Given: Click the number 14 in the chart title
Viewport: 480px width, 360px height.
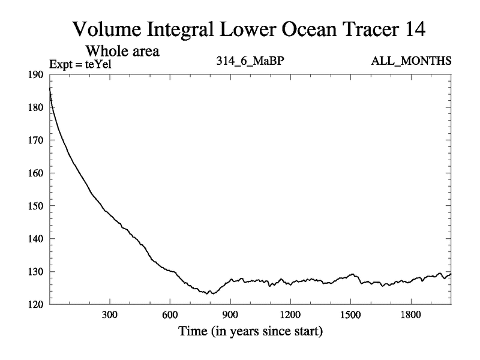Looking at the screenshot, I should click(415, 28).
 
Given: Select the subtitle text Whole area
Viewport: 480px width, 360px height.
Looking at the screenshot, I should click(122, 51).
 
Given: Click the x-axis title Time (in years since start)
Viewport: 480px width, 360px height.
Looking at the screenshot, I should click(250, 331).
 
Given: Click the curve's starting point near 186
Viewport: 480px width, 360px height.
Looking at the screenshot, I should click(50, 88).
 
